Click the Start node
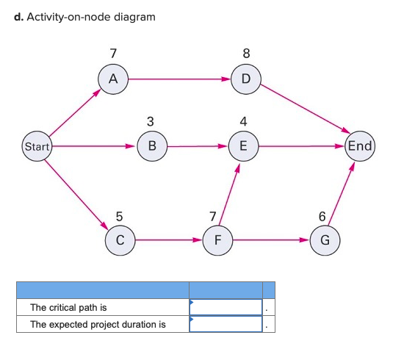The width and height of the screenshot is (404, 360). [x=36, y=146]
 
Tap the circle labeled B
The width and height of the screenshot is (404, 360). [x=152, y=146]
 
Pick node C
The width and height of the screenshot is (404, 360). [x=120, y=240]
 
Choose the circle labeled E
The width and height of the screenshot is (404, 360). [x=243, y=146]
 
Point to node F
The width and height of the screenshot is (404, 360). [x=217, y=240]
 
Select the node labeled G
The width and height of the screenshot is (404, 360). [x=325, y=240]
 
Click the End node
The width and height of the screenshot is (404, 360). [x=360, y=145]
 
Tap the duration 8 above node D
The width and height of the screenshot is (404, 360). [x=246, y=53]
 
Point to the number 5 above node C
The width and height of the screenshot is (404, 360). [x=120, y=216]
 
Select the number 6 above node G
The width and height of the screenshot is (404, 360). [x=322, y=216]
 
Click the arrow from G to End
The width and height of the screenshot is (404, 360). [x=342, y=194]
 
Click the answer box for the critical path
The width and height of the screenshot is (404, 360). [x=226, y=306]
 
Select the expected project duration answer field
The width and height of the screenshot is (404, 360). [x=226, y=323]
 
